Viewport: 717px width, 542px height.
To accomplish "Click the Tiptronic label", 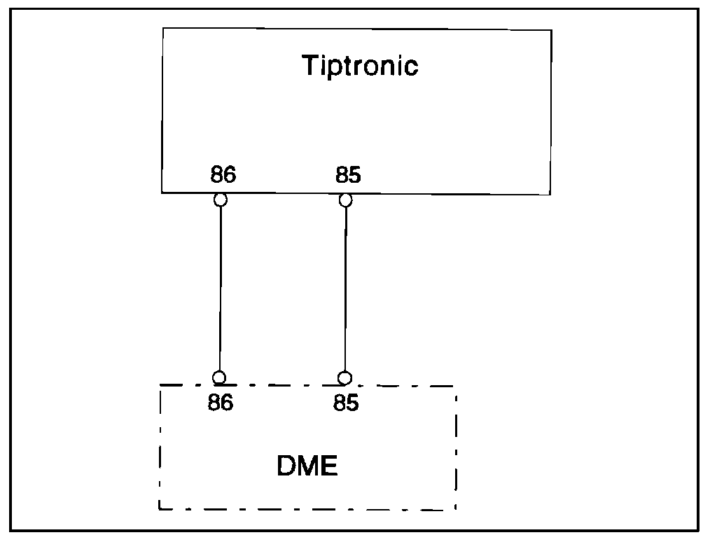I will [360, 65].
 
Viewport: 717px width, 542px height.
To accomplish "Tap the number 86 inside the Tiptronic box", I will [223, 175].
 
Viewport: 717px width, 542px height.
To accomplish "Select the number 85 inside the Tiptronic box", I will [348, 175].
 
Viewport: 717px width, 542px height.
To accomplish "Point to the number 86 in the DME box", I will [220, 404].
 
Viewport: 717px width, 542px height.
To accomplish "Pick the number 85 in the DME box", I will [346, 404].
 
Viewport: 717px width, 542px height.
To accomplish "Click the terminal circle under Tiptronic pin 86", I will [221, 200].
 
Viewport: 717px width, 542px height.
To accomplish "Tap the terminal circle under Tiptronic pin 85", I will [345, 200].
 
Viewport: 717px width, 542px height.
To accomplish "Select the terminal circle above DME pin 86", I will [219, 378].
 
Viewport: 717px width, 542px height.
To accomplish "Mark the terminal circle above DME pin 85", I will [344, 378].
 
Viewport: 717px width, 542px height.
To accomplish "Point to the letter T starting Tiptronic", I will [309, 65].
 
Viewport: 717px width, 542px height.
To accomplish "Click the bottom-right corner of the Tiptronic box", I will [550, 193].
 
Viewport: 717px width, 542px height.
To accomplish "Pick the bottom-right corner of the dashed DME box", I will [457, 509].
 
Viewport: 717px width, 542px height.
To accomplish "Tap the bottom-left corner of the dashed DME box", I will [160, 509].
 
